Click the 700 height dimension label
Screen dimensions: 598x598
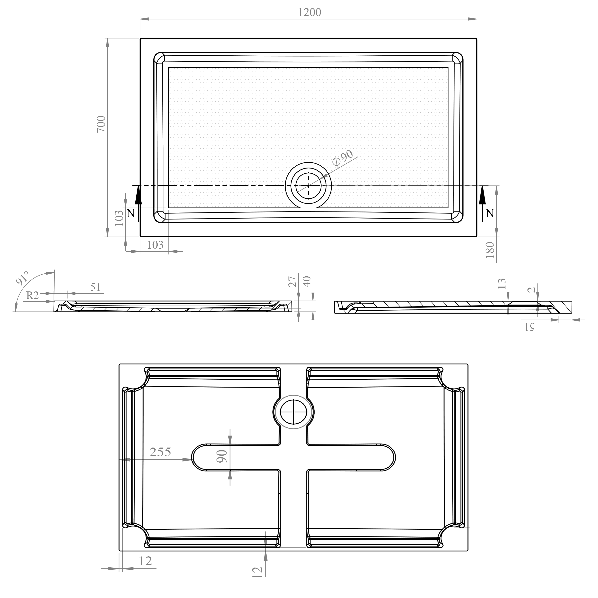pyautogui.click(x=101, y=124)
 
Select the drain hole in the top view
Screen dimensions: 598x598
pyautogui.click(x=308, y=186)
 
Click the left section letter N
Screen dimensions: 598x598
pyautogui.click(x=131, y=213)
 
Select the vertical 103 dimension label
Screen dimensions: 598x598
pyautogui.click(x=119, y=218)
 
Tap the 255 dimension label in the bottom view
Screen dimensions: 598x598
pyautogui.click(x=160, y=452)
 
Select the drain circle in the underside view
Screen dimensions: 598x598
pyautogui.click(x=293, y=412)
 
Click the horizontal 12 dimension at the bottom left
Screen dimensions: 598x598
pyautogui.click(x=145, y=561)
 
